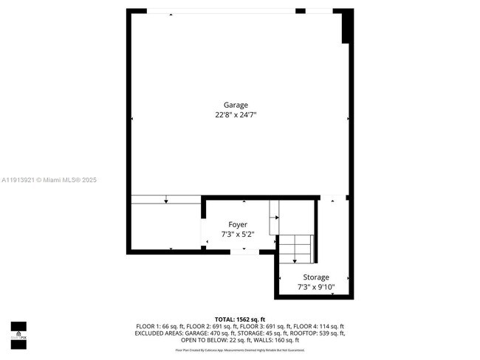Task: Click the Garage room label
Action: [x=236, y=105]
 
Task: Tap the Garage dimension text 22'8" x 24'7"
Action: [x=236, y=115]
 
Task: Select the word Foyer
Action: [x=237, y=224]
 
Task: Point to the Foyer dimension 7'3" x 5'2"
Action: [x=237, y=235]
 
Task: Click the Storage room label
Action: [x=316, y=277]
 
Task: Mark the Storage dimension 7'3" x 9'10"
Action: [x=316, y=287]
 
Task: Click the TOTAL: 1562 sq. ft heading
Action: [x=239, y=319]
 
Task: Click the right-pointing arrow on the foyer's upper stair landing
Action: [x=275, y=217]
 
